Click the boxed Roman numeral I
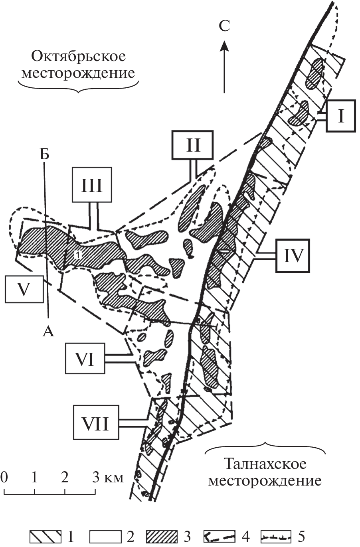pyautogui.click(x=340, y=116)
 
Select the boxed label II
pyautogui.click(x=193, y=145)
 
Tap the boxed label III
pyautogui.click(x=92, y=185)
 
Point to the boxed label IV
pyautogui.click(x=293, y=256)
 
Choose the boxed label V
pyautogui.click(x=24, y=289)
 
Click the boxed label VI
pyautogui.click(x=85, y=359)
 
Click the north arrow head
pyautogui.click(x=224, y=46)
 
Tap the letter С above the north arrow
pyautogui.click(x=224, y=26)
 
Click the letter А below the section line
pyautogui.click(x=48, y=332)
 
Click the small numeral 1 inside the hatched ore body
pyautogui.click(x=78, y=255)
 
